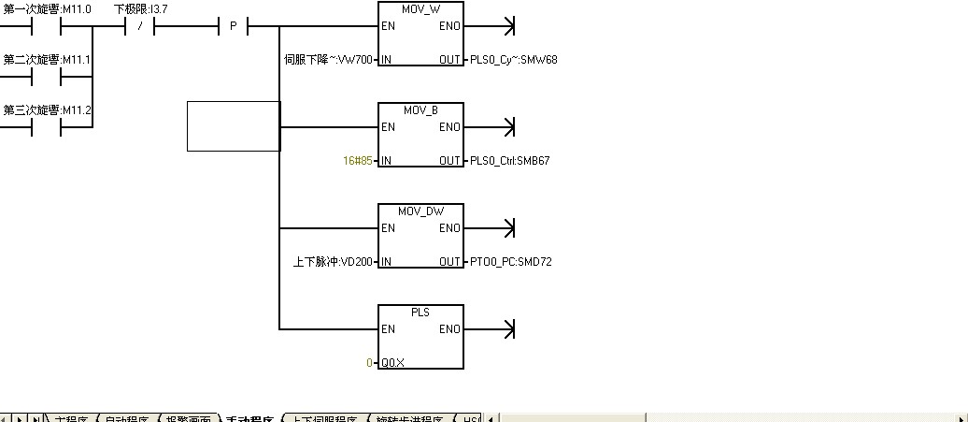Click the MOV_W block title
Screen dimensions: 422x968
click(420, 9)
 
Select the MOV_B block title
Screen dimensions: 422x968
click(420, 110)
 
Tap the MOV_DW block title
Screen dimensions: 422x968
click(420, 211)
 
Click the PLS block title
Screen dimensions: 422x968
click(420, 313)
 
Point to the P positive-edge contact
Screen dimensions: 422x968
click(234, 26)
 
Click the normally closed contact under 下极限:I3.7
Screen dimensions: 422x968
click(140, 26)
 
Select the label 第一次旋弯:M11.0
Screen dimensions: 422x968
click(47, 9)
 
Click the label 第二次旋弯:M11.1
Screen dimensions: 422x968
click(47, 60)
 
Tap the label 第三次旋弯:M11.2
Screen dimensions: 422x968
click(47, 110)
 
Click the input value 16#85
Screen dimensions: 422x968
click(358, 161)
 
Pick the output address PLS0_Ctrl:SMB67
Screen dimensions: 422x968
click(510, 161)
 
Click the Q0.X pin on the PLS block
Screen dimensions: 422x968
click(392, 363)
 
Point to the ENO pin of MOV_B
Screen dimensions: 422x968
click(449, 127)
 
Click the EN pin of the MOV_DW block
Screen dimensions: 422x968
click(388, 228)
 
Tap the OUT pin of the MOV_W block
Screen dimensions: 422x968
click(449, 60)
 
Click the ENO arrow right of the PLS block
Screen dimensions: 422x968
click(508, 329)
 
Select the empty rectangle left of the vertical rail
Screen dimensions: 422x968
click(234, 126)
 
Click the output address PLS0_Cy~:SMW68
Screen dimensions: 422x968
click(514, 60)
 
